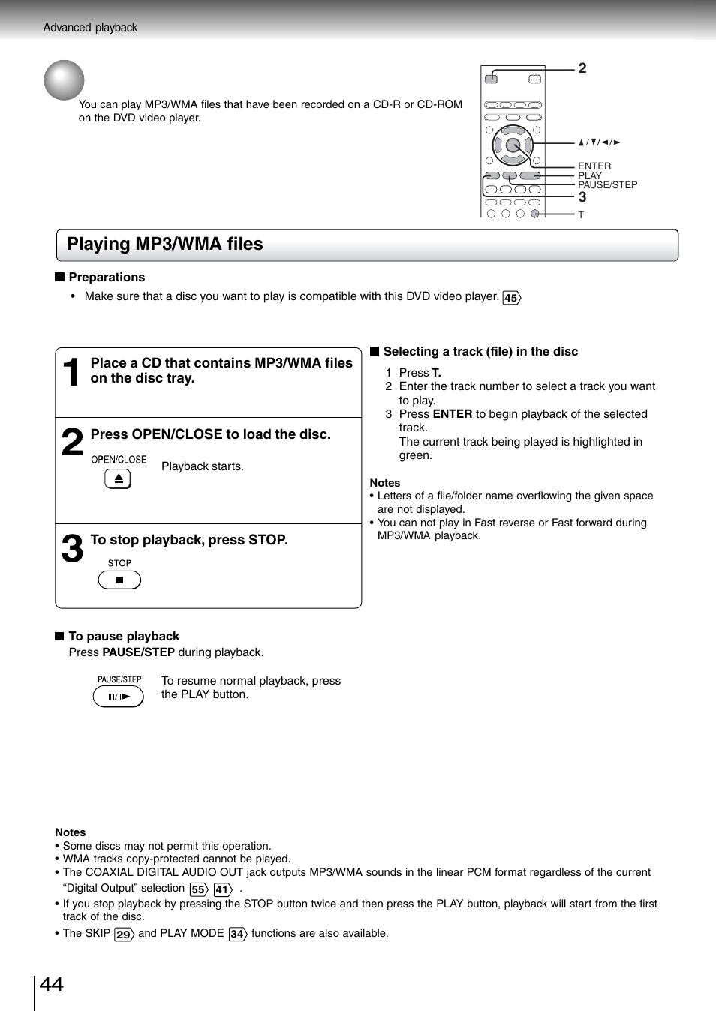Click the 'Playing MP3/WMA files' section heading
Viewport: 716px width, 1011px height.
[x=165, y=244]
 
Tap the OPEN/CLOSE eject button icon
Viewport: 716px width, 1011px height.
[x=118, y=478]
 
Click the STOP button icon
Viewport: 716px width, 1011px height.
[x=119, y=580]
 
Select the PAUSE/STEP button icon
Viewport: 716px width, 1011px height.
[x=118, y=697]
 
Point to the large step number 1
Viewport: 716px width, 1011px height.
[x=71, y=373]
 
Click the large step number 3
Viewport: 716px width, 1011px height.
[x=72, y=550]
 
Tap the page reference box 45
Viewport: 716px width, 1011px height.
[x=511, y=298]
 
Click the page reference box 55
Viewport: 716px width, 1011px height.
[x=198, y=889]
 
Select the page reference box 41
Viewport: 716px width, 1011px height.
[x=222, y=889]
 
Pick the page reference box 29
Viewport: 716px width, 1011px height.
[x=124, y=934]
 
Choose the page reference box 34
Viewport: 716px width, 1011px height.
[x=237, y=934]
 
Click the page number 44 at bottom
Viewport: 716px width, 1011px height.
[x=51, y=985]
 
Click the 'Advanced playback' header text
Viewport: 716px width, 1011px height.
[x=90, y=28]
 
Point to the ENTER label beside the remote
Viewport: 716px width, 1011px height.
[x=594, y=166]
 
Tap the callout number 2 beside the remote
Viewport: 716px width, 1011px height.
[x=582, y=68]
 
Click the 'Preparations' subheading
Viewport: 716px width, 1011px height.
[x=107, y=277]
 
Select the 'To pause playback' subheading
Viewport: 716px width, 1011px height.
[x=124, y=637]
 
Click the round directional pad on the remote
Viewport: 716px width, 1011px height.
[x=513, y=145]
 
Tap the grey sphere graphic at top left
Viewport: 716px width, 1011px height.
[x=64, y=80]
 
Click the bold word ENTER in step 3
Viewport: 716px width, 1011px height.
[x=453, y=414]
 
